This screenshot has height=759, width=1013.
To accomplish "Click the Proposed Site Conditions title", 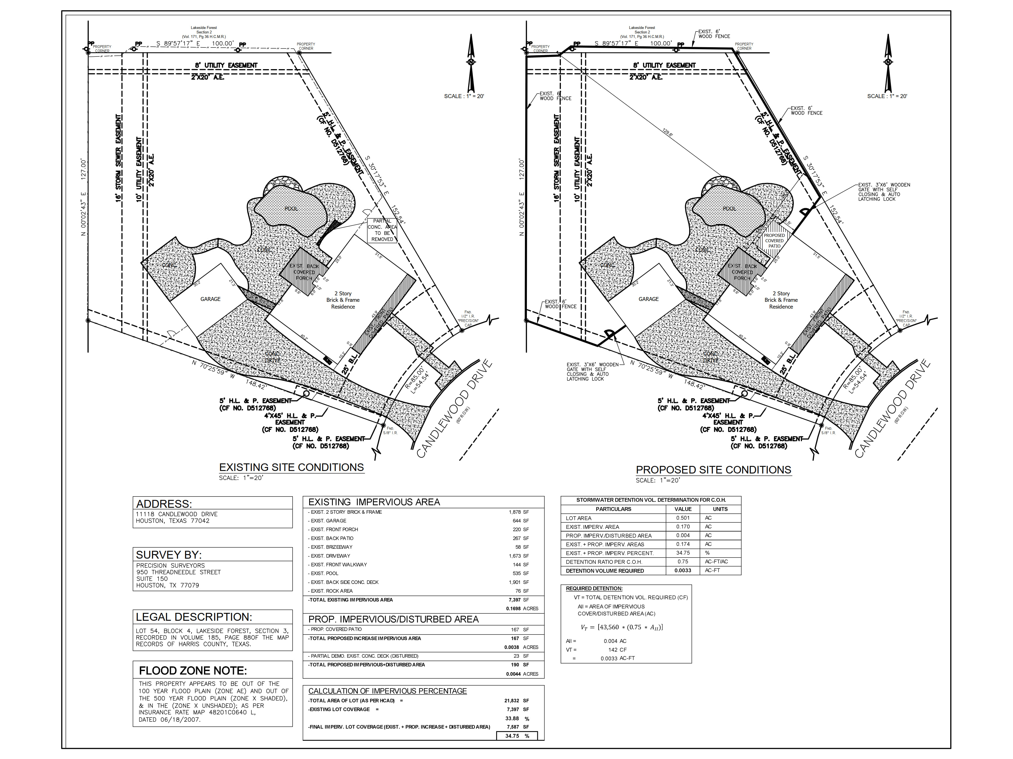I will tap(713, 470).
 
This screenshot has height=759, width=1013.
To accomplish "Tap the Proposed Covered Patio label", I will tap(774, 241).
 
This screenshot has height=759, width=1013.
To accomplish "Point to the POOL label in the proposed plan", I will tap(729, 209).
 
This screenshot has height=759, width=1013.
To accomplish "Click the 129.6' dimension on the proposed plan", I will tap(668, 133).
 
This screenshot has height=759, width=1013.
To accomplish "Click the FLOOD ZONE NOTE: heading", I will tap(193, 671).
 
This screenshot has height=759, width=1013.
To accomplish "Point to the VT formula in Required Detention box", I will tap(621, 627).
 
